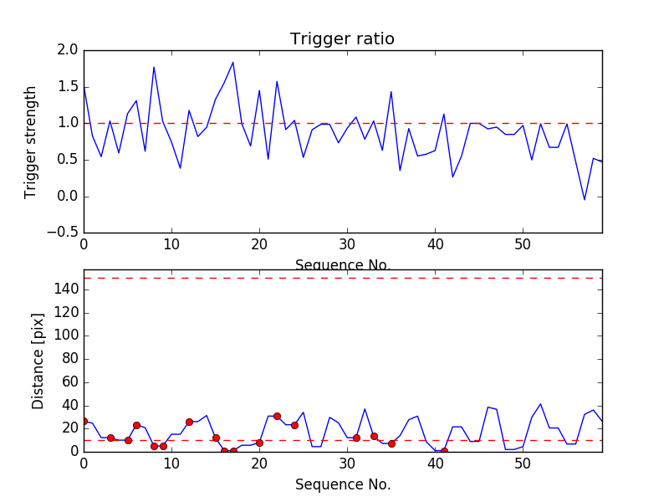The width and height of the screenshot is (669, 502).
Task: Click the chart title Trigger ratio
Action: click(342, 39)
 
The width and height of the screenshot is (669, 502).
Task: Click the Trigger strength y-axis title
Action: click(31, 141)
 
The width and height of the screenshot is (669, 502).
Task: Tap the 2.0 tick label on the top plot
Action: click(68, 50)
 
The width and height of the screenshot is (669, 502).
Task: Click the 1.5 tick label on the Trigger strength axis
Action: click(68, 87)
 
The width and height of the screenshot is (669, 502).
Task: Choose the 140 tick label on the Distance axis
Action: click(65, 289)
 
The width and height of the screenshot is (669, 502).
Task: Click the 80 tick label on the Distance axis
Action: click(69, 359)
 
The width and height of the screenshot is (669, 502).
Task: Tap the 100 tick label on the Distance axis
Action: click(65, 336)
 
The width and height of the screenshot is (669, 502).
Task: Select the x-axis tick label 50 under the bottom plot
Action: click(523, 464)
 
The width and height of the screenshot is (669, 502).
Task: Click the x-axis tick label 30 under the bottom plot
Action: click(347, 464)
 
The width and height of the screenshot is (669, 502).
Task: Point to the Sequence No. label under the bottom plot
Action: click(342, 484)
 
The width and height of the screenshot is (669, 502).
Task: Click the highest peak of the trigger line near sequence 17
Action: click(232, 62)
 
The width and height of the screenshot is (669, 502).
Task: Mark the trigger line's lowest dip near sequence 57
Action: click(585, 199)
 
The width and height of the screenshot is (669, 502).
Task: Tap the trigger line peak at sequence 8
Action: click(154, 67)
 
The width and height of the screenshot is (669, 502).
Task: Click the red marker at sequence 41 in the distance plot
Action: click(444, 451)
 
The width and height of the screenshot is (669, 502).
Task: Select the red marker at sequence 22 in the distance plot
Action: click(277, 416)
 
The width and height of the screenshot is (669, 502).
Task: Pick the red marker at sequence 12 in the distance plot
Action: click(189, 422)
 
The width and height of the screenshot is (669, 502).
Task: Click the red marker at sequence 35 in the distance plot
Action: click(391, 443)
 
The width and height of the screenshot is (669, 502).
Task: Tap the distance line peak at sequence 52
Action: click(540, 404)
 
